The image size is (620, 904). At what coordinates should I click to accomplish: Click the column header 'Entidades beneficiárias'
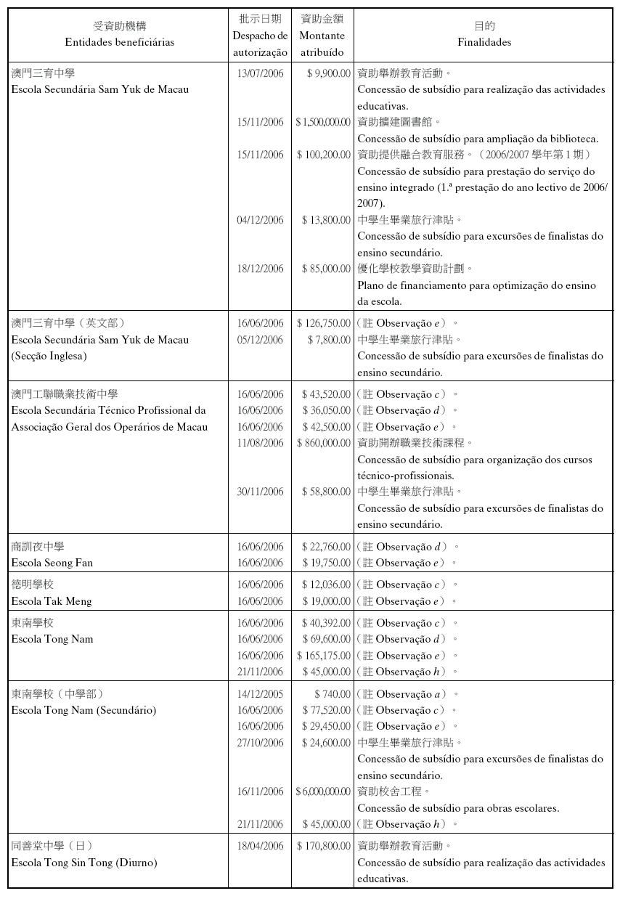point(120,42)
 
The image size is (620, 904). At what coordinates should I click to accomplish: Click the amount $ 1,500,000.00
point(323,122)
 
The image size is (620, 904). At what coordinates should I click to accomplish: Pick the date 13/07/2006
point(260,73)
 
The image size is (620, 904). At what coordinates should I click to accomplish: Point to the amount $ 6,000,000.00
point(323,791)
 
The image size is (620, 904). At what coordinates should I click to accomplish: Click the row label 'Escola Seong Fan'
point(52,563)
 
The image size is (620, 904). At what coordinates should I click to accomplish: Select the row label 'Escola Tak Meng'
point(52,601)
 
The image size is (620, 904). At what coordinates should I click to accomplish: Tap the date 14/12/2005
point(260,694)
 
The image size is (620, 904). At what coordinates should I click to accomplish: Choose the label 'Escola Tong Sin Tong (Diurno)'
point(84,863)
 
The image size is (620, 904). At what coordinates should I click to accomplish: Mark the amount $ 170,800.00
point(324,846)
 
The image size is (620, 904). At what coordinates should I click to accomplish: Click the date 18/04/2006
point(260,846)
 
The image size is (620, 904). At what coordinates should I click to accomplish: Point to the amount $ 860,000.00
point(324,443)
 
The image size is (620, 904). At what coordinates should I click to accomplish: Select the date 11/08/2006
point(260,443)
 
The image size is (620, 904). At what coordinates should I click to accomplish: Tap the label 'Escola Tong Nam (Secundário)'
point(84,710)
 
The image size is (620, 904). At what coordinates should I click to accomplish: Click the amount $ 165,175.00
point(324,656)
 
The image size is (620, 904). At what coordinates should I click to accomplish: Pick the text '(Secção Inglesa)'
point(49,356)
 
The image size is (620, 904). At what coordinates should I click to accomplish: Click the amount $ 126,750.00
point(324,323)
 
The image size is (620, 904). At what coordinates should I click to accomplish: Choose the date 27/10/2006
point(260,743)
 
